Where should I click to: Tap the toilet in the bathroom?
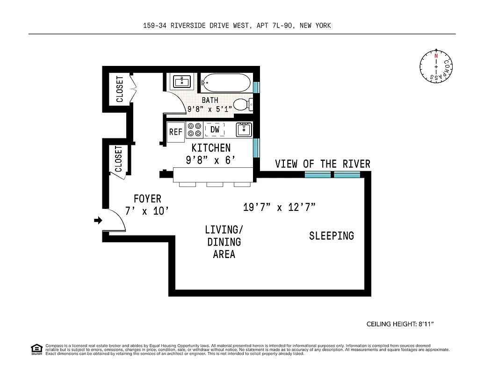tap(242, 104)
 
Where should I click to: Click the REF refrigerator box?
tap(176, 132)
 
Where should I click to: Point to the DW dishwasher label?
tap(215, 129)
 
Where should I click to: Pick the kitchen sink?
tap(244, 129)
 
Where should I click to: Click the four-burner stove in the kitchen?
tap(194, 129)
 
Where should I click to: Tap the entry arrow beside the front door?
tap(98, 220)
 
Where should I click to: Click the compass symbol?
tap(436, 66)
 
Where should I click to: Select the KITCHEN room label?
tap(211, 148)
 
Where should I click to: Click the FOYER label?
tap(147, 199)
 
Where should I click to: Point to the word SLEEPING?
tap(331, 236)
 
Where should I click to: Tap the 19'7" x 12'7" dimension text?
tap(279, 207)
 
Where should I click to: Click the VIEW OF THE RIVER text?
tap(322, 164)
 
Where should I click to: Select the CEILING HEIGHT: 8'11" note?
tap(403, 324)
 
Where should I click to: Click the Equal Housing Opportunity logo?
tap(36, 349)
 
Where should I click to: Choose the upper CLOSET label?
tap(120, 89)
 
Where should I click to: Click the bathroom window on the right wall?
tap(256, 87)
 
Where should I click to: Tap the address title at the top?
tap(237, 26)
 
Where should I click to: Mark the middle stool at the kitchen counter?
tap(215, 185)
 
